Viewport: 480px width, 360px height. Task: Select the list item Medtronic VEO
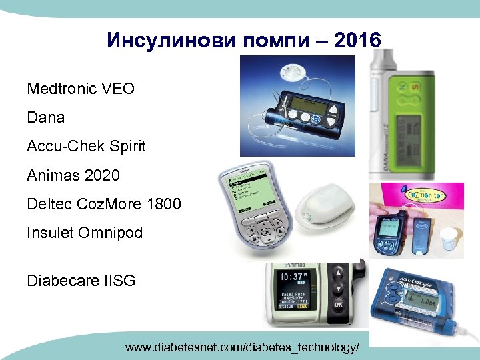click(81, 88)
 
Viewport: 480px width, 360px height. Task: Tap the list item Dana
click(46, 117)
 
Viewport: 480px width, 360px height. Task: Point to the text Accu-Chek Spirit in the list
click(86, 146)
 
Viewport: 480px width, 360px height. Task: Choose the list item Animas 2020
click(73, 175)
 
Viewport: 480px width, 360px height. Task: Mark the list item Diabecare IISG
click(81, 281)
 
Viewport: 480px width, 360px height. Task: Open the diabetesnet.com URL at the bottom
click(246, 347)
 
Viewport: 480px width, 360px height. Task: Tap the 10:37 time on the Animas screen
click(294, 276)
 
